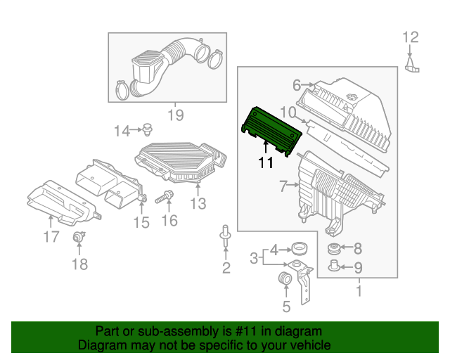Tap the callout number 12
tap(410, 37)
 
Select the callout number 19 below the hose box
tap(174, 115)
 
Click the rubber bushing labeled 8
tap(335, 248)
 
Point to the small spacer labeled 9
tap(335, 266)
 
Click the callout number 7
tap(283, 187)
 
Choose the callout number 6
tap(296, 85)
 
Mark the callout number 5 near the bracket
tap(285, 306)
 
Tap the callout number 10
tap(288, 112)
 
